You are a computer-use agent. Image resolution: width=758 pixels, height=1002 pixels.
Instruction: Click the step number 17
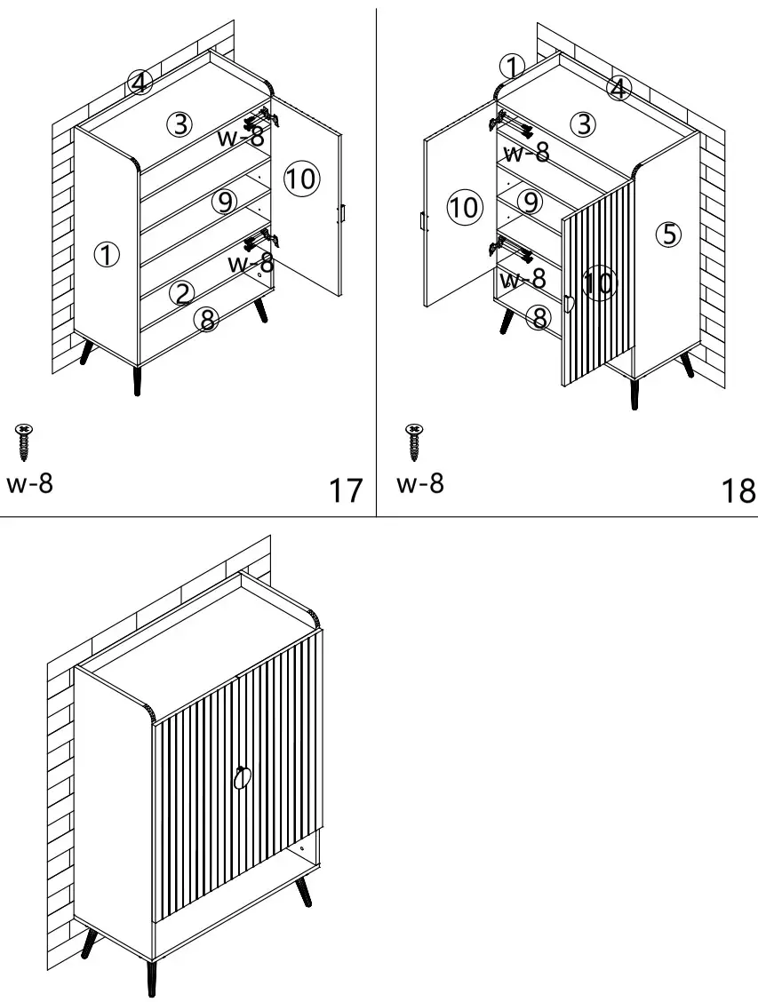coord(346,489)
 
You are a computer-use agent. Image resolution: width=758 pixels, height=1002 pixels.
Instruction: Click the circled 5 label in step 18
coord(668,234)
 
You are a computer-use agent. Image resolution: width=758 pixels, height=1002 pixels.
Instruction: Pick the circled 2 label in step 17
coord(181,292)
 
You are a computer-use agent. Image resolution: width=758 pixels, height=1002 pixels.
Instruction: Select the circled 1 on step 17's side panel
coord(107,255)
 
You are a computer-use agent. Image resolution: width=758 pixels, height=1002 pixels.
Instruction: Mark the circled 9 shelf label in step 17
coord(225,202)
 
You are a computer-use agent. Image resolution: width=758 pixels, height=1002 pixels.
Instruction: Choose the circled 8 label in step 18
coord(538,317)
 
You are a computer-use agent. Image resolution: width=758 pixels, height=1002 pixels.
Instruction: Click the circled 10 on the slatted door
coord(600,283)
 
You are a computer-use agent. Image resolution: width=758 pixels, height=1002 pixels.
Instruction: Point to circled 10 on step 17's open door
coord(300,179)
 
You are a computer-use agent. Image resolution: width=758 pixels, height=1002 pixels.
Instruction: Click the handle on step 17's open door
coord(340,213)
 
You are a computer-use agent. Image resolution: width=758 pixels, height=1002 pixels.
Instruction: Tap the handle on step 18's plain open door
coord(424,221)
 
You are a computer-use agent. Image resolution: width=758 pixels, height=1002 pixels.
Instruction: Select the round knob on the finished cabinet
coord(243,778)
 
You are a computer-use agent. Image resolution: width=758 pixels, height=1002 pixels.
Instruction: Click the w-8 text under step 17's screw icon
coord(29,484)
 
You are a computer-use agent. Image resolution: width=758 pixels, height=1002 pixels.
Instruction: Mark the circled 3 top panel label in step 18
coord(583,124)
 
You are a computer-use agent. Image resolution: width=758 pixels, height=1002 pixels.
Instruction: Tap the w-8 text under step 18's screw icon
coord(419,484)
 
